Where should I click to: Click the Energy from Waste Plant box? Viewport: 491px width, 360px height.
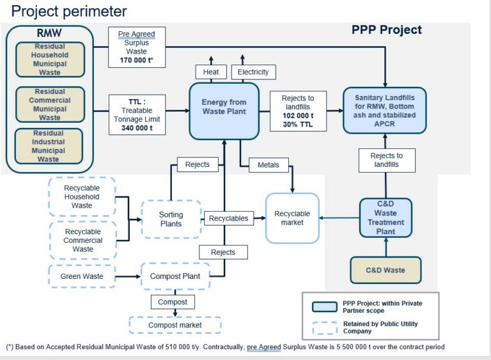[x=224, y=111]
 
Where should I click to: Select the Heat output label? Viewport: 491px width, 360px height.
[x=211, y=72]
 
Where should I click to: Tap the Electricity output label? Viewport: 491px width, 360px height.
[x=253, y=72]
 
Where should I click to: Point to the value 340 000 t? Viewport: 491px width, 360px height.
[x=137, y=128]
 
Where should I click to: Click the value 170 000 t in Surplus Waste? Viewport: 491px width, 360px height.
[x=136, y=60]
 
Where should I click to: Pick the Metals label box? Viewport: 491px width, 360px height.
[x=269, y=165]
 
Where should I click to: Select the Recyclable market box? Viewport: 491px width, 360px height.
[x=292, y=218]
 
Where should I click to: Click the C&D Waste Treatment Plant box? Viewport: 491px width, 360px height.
[x=386, y=218]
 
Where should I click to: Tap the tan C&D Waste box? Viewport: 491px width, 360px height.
[x=386, y=270]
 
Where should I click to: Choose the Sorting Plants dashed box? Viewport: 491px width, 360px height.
[x=171, y=219]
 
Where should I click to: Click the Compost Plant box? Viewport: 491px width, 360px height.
[x=175, y=276]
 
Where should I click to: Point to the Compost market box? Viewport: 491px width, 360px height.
[x=175, y=325]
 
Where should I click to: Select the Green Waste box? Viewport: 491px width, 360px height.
[x=82, y=276]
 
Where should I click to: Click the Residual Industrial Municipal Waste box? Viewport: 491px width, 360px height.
[x=49, y=146]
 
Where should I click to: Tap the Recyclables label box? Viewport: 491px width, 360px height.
[x=229, y=219]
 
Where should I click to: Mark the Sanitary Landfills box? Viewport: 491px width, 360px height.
[x=384, y=111]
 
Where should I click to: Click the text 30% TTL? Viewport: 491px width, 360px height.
[x=298, y=125]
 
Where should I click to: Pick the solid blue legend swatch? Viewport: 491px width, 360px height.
[x=325, y=307]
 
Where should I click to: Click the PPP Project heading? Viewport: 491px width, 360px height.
[x=387, y=30]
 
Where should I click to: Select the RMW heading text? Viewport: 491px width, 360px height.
[x=49, y=33]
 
